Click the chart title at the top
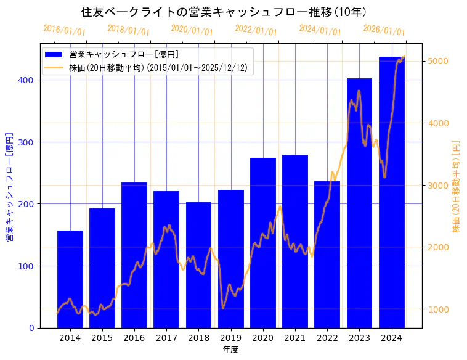pos(225,12)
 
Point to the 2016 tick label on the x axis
pos(134,337)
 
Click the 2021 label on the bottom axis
pos(295,337)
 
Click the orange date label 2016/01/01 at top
pos(65,30)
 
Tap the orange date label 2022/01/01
pos(256,30)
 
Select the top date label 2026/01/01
pos(384,30)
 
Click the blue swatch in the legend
pos(54,55)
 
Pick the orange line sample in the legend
pos(54,68)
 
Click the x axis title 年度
pos(231,350)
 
